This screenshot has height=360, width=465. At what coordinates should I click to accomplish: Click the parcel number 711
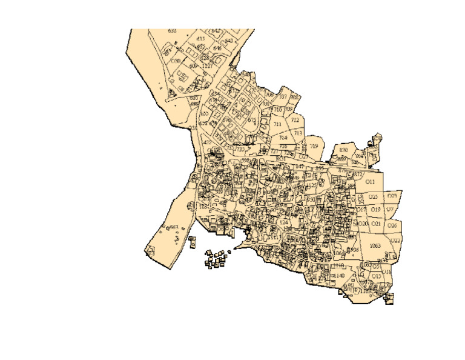278,124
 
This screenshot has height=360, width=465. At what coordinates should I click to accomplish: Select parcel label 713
298,132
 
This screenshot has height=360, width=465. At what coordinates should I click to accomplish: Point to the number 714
283,138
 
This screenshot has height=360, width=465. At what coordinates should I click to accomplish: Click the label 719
314,146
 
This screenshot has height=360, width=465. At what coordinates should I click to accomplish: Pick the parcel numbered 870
344,149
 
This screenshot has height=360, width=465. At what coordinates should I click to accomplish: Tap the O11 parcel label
371,182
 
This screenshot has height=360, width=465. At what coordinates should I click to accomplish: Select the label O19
375,209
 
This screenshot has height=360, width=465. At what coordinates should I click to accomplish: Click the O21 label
376,224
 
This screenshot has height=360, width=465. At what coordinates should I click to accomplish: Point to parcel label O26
392,225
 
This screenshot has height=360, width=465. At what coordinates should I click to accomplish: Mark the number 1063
374,245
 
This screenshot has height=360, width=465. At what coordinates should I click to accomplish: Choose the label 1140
339,276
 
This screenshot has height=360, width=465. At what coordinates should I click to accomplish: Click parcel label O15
377,276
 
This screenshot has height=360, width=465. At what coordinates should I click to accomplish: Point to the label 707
282,96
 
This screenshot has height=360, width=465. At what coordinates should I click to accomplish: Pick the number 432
207,142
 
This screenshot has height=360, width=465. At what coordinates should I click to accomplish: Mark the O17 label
361,209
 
